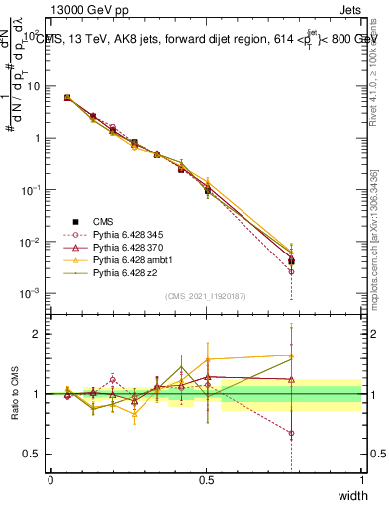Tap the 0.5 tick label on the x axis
206,481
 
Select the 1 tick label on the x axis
361,481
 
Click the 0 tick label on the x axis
50,481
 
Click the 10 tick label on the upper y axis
33,86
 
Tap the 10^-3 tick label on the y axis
30,293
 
